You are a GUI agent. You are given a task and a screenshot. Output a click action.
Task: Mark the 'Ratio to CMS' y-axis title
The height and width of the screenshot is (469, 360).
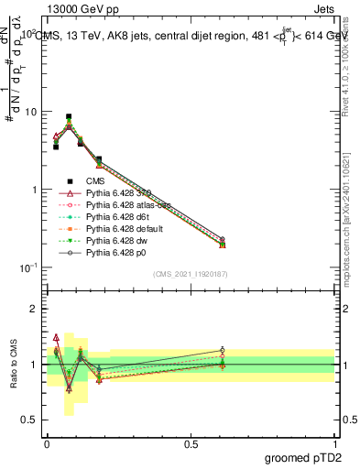[x=12, y=365]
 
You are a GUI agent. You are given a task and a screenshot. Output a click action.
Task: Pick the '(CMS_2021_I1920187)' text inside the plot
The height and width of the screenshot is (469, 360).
[x=191, y=273]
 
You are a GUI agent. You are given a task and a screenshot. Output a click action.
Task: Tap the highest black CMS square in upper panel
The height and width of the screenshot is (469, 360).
[x=69, y=117]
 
